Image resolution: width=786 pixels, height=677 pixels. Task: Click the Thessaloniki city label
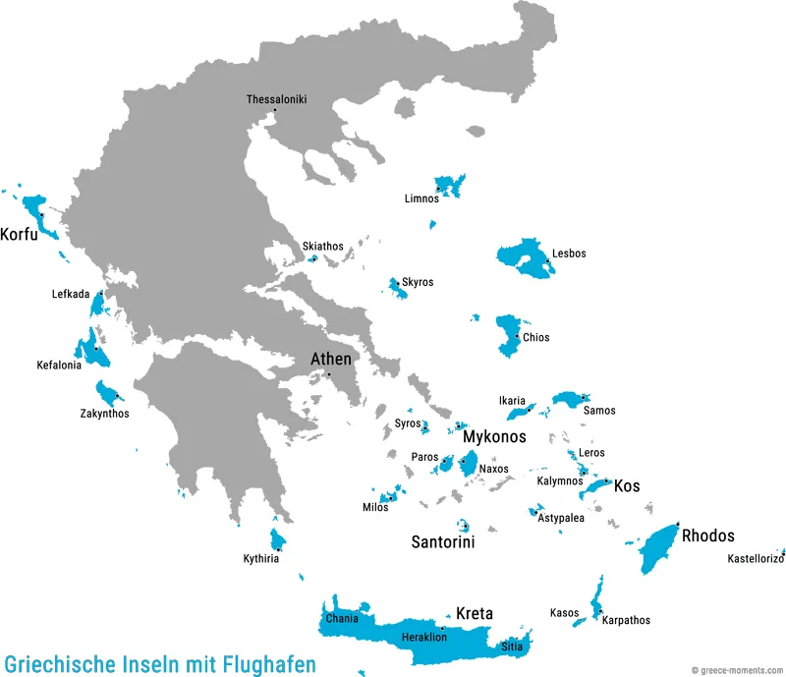276,99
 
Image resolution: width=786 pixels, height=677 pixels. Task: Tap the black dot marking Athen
330,373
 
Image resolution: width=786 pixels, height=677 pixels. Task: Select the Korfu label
20,236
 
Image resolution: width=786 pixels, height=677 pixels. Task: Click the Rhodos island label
707,536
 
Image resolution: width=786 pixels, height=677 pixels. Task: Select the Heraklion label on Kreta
424,638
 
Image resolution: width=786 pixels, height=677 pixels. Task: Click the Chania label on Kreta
342,619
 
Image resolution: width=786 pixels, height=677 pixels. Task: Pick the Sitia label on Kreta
512,647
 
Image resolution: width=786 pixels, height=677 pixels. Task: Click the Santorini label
443,541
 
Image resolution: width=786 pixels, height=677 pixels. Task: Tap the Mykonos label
494,436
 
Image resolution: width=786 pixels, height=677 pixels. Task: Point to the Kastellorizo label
755,559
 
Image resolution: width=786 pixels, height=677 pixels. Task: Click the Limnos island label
421,198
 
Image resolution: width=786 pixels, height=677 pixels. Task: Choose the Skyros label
418,282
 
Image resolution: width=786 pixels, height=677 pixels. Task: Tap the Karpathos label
626,620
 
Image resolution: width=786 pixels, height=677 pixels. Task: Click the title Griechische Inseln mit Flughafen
160,664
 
